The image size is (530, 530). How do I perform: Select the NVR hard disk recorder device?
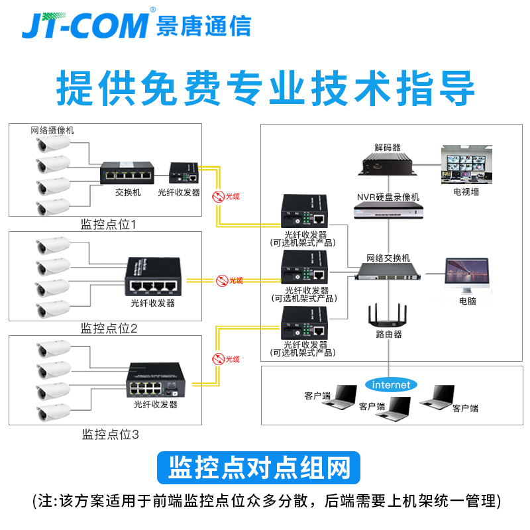[x=388, y=211]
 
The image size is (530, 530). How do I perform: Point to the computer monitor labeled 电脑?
[x=467, y=277]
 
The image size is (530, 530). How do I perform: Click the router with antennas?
[x=388, y=315]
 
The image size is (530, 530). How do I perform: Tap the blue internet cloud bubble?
[x=391, y=385]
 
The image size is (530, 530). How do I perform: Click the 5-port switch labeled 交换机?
[x=128, y=174]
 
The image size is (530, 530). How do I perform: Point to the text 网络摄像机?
[x=52, y=130]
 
